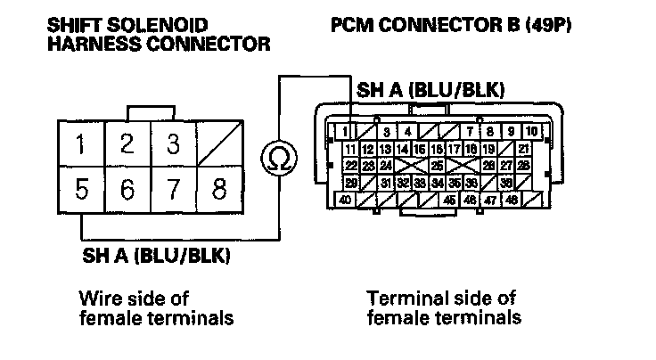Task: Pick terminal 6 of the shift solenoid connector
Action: click(x=128, y=190)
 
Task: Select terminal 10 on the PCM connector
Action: click(x=531, y=132)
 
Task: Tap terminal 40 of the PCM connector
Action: click(x=345, y=200)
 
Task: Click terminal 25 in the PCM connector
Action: click(x=437, y=166)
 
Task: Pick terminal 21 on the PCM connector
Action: click(x=525, y=149)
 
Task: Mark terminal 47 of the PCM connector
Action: click(x=489, y=200)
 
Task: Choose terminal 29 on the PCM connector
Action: click(x=351, y=183)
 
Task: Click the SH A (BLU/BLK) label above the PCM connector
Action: click(x=431, y=90)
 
